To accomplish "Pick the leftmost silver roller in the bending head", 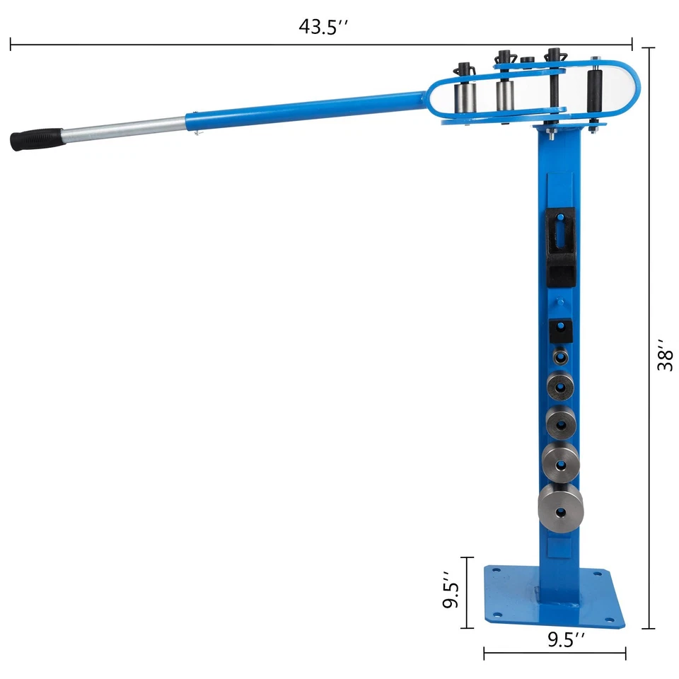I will (465, 95).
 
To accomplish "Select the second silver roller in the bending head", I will (504, 95).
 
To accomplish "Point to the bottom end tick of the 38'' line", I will (649, 628).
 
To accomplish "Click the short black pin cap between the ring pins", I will (526, 62).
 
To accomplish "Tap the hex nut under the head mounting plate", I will (550, 129).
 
